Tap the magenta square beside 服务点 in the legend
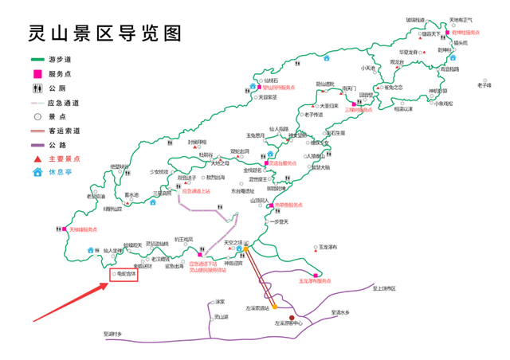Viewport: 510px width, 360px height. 37,74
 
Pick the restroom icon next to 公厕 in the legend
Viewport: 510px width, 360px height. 37,88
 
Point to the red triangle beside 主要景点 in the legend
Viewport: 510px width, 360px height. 37,158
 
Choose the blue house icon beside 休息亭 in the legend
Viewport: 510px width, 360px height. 37,173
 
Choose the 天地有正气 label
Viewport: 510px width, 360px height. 461,20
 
